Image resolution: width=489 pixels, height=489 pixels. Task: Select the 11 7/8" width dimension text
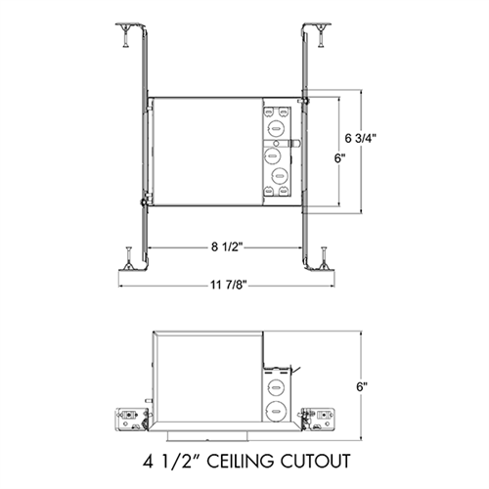(228, 286)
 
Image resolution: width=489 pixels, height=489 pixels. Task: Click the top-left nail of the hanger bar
(125, 35)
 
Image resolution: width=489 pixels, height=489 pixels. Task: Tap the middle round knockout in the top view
(279, 154)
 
